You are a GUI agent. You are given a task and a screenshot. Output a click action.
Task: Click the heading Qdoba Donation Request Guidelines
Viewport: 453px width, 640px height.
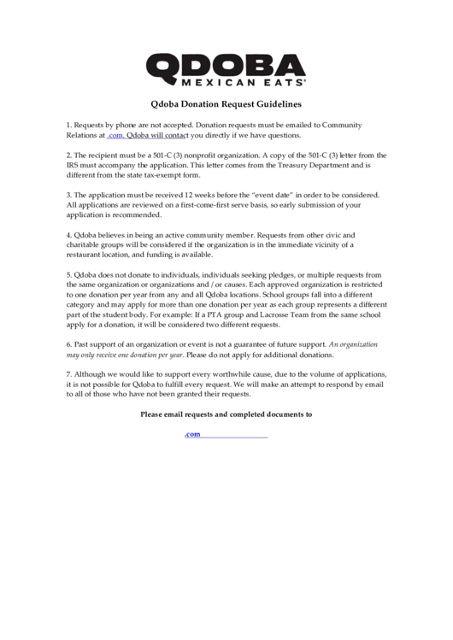click(x=226, y=105)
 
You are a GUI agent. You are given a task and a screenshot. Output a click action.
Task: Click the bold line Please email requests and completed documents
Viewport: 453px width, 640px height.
click(x=226, y=414)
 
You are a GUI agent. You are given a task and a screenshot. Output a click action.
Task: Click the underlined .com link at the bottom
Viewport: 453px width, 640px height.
click(x=192, y=434)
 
